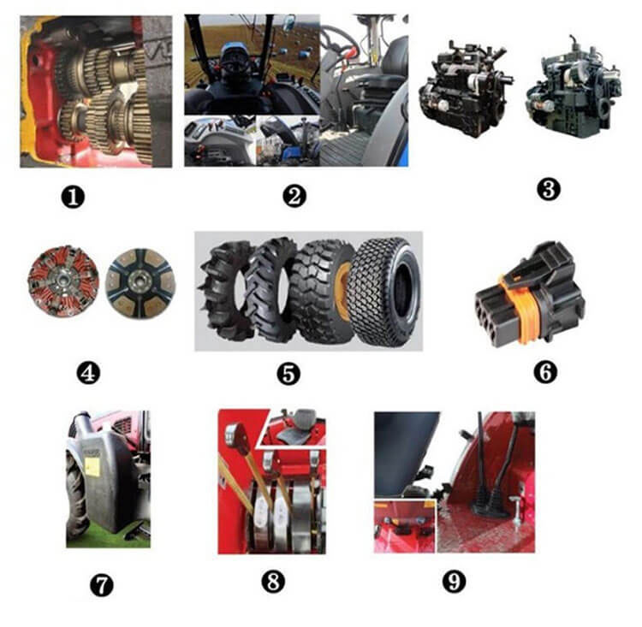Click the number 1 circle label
(x=74, y=198)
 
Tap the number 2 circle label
(x=294, y=196)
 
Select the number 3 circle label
(x=548, y=190)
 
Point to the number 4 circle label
(x=88, y=373)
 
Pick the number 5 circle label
(x=288, y=374)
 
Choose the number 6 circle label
(x=546, y=371)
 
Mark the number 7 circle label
(x=102, y=586)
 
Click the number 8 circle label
(x=273, y=581)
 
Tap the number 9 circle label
(x=454, y=581)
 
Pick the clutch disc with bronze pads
(x=140, y=284)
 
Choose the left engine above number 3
(x=466, y=89)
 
